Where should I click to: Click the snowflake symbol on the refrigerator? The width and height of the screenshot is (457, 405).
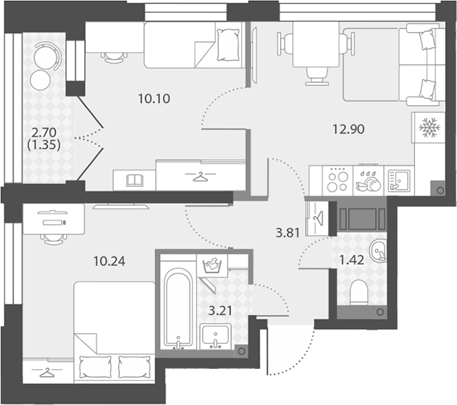(x=429, y=127)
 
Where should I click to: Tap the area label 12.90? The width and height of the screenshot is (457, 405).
(x=348, y=129)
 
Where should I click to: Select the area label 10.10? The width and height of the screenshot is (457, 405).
(x=154, y=99)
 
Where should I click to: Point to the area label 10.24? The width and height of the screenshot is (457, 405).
(x=109, y=261)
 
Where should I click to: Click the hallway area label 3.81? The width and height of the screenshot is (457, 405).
(x=288, y=233)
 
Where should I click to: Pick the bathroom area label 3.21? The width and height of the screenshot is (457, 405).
(x=220, y=311)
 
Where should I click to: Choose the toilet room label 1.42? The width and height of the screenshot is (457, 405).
(x=352, y=260)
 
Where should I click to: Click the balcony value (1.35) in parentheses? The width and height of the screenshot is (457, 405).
(x=44, y=145)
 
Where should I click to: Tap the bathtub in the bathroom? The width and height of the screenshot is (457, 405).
(x=178, y=308)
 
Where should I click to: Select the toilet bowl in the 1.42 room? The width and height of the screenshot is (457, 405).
(x=359, y=292)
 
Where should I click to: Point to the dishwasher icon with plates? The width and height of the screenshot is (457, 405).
(x=368, y=181)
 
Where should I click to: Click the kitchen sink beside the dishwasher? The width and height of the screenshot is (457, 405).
(x=399, y=181)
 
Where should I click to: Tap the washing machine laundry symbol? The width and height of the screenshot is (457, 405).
(x=213, y=264)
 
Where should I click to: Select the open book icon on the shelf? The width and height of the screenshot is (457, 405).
(x=134, y=180)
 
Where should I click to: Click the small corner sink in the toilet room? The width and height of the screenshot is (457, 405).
(x=378, y=250)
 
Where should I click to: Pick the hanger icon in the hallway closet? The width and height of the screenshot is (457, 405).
(x=318, y=217)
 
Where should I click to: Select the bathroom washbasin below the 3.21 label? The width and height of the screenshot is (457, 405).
(x=215, y=337)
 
